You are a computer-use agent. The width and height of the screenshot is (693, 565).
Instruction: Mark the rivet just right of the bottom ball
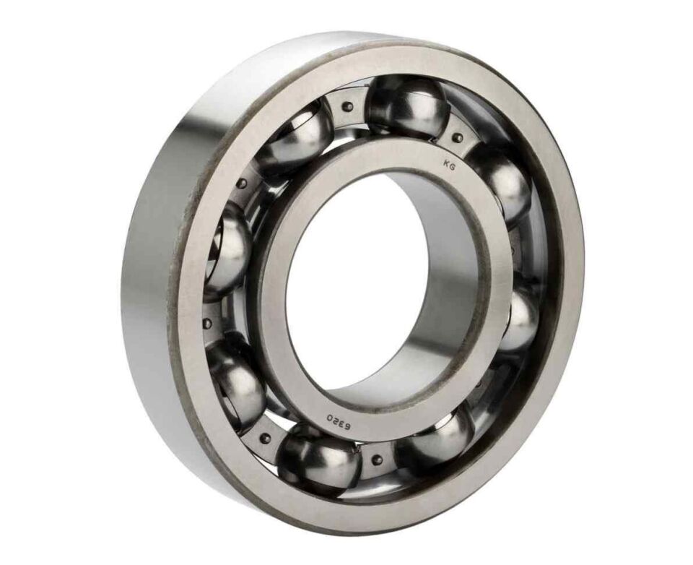[375, 457]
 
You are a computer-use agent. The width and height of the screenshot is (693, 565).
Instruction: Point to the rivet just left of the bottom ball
[266, 436]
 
